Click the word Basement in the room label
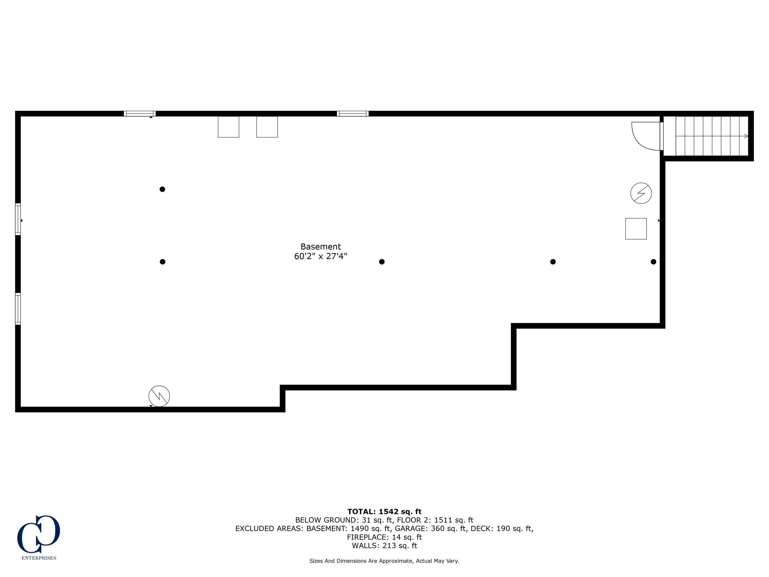320,247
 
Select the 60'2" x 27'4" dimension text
320,256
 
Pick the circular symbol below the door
641,193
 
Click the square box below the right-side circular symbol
636,228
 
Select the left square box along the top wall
228,127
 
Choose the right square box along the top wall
267,127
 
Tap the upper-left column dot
162,189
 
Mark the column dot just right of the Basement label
382,262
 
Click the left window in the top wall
140,113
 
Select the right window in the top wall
352,113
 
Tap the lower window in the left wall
18,309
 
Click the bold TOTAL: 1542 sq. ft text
384,511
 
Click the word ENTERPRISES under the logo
39,558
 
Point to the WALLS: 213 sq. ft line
384,545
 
